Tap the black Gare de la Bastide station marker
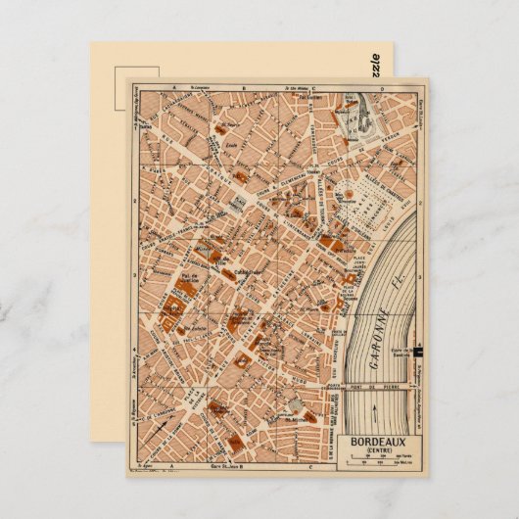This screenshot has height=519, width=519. point(418,350)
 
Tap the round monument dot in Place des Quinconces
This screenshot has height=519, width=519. point(348,197)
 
